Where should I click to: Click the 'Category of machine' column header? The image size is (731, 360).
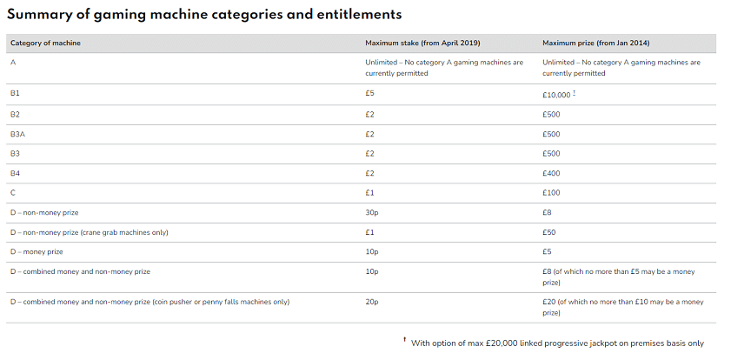coord(45,43)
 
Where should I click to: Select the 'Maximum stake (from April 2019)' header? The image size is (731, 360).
coord(422,43)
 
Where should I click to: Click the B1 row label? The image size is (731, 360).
coord(15,94)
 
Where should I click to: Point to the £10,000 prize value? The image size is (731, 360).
coord(557,94)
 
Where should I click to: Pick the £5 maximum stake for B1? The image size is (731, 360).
coord(370,94)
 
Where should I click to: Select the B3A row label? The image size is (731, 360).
coord(17,133)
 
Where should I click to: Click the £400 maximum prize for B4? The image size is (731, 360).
coord(551,173)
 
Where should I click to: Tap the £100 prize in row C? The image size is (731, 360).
coord(551,193)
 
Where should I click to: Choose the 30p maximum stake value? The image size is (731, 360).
coord(371,212)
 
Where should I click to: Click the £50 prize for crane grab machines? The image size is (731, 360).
coord(548,232)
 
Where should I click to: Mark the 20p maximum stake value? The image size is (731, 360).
coord(371,302)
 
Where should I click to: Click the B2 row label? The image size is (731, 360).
coord(15,114)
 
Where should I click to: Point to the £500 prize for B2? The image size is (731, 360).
coord(551,114)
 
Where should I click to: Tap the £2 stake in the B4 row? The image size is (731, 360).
coord(370,173)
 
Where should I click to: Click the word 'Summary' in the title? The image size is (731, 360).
coord(41,15)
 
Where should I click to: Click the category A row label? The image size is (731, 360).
coord(13,63)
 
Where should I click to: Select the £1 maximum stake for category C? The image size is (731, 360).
coord(370,193)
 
